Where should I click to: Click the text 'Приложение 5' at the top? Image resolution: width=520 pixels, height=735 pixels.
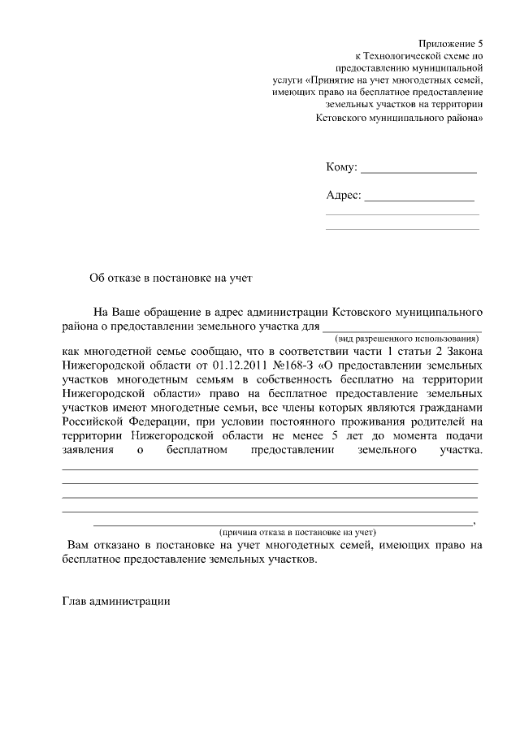click(450, 43)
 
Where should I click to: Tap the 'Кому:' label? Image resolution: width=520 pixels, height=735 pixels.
click(341, 167)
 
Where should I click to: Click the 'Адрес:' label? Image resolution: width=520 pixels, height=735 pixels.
click(343, 196)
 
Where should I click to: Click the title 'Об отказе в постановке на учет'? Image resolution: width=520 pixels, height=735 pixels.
click(171, 278)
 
